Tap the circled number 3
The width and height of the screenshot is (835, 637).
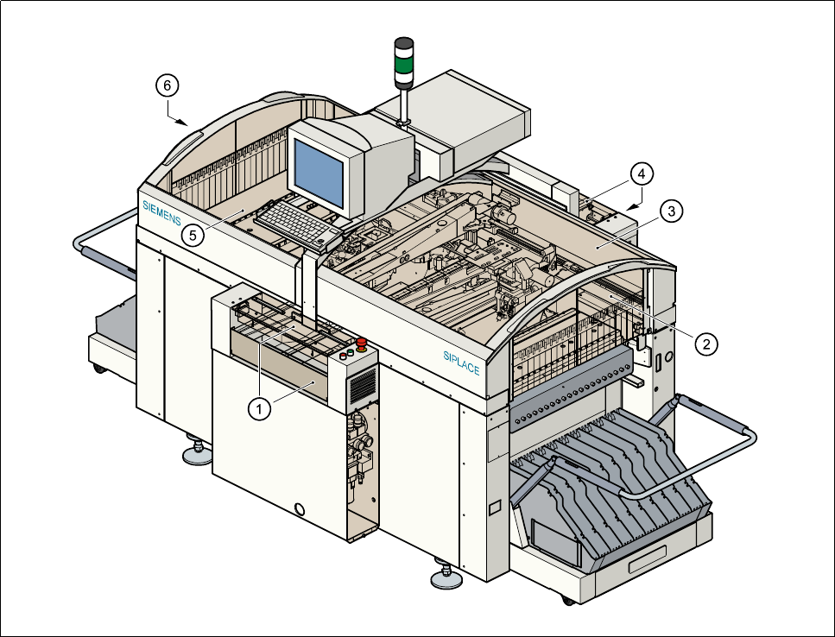pyautogui.click(x=671, y=210)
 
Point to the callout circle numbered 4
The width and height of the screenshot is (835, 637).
pyautogui.click(x=640, y=174)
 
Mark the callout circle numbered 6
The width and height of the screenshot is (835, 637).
pyautogui.click(x=168, y=85)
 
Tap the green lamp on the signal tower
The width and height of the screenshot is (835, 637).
pyautogui.click(x=404, y=61)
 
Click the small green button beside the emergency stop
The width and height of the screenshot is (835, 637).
pyautogui.click(x=342, y=353)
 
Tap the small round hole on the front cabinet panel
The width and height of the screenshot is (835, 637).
pyautogui.click(x=300, y=508)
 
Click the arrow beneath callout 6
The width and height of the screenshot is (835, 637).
pyautogui.click(x=180, y=118)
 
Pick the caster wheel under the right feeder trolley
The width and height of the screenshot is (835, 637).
pyautogui.click(x=567, y=599)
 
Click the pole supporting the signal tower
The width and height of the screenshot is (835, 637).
pyautogui.click(x=404, y=104)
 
